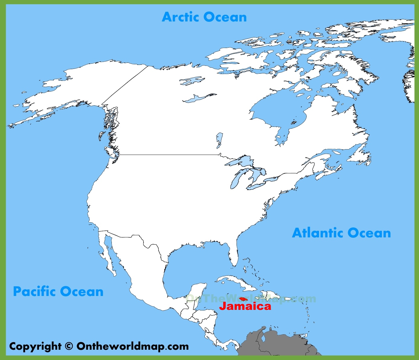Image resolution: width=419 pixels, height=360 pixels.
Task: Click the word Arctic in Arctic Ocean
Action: [180, 17]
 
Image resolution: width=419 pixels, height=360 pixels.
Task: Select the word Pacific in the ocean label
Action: [34, 292]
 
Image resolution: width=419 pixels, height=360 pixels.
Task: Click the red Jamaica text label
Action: [245, 306]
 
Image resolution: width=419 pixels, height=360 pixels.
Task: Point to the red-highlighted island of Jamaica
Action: [243, 299]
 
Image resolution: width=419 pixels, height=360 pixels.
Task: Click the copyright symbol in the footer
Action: [69, 346]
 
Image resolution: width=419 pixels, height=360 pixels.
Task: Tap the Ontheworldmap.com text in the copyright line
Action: [133, 346]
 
